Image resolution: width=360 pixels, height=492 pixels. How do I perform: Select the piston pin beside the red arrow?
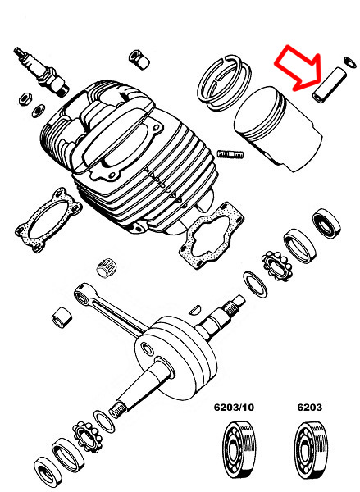pos(330,84)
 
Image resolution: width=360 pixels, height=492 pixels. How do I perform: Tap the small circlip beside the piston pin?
pos(350,61)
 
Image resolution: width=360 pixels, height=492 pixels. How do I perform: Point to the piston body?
pos(278,129)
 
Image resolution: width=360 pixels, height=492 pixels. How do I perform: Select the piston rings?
pos(224,83)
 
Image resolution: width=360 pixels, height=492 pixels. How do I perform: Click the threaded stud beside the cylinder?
pos(230,154)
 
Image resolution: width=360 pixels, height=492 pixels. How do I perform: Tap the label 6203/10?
pos(234,407)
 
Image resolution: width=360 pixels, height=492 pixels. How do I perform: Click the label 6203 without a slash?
pos(309,407)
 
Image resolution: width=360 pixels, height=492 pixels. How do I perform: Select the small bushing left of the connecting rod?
pos(62,317)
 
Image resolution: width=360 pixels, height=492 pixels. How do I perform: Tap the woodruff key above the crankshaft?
pos(195,309)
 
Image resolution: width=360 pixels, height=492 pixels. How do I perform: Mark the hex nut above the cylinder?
pos(139,59)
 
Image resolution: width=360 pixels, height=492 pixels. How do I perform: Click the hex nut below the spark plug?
pos(25,98)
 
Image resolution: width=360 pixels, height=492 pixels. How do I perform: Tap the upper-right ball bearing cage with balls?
pos(277,266)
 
